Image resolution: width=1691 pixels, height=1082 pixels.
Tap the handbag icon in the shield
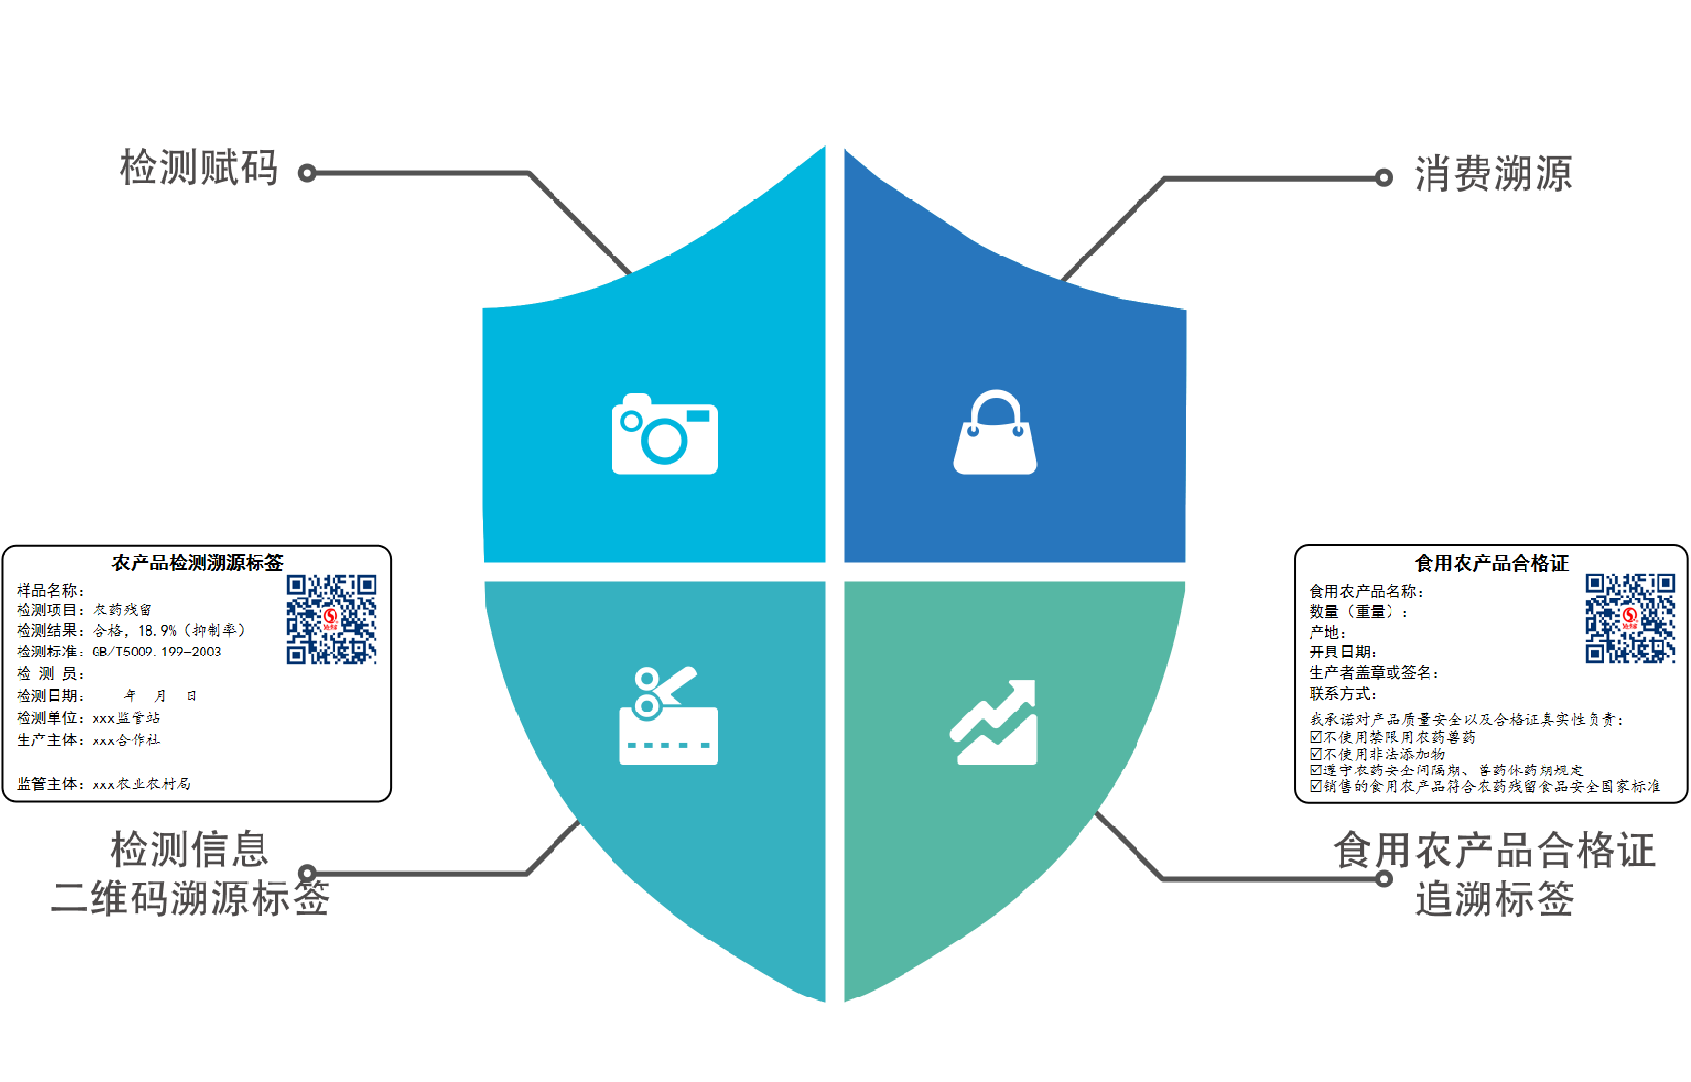pos(995,432)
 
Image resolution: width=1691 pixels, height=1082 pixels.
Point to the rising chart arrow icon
pos(994,721)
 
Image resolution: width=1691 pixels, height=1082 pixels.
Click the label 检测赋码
pos(200,168)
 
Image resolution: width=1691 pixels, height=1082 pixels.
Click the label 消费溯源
pos(1493,174)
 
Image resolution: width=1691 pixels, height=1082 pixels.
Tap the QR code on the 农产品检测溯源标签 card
pos(331,619)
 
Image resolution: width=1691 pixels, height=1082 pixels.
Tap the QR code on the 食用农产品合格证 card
pos(1630,618)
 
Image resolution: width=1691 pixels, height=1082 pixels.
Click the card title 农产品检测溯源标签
pos(198,563)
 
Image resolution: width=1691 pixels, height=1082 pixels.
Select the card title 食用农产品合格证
pos(1491,563)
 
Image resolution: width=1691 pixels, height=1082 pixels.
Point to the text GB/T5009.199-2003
pos(157,652)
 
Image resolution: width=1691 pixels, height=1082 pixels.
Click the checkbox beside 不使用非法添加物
pos(1316,754)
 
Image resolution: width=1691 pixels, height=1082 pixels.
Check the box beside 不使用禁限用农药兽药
pos(1316,737)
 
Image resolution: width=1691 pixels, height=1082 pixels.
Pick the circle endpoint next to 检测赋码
pos(307,173)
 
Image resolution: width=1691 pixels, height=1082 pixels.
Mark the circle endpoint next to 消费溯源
pos(1384,178)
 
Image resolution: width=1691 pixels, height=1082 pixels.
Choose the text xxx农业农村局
pos(142,784)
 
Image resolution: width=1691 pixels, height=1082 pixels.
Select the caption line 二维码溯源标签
pos(191,897)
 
